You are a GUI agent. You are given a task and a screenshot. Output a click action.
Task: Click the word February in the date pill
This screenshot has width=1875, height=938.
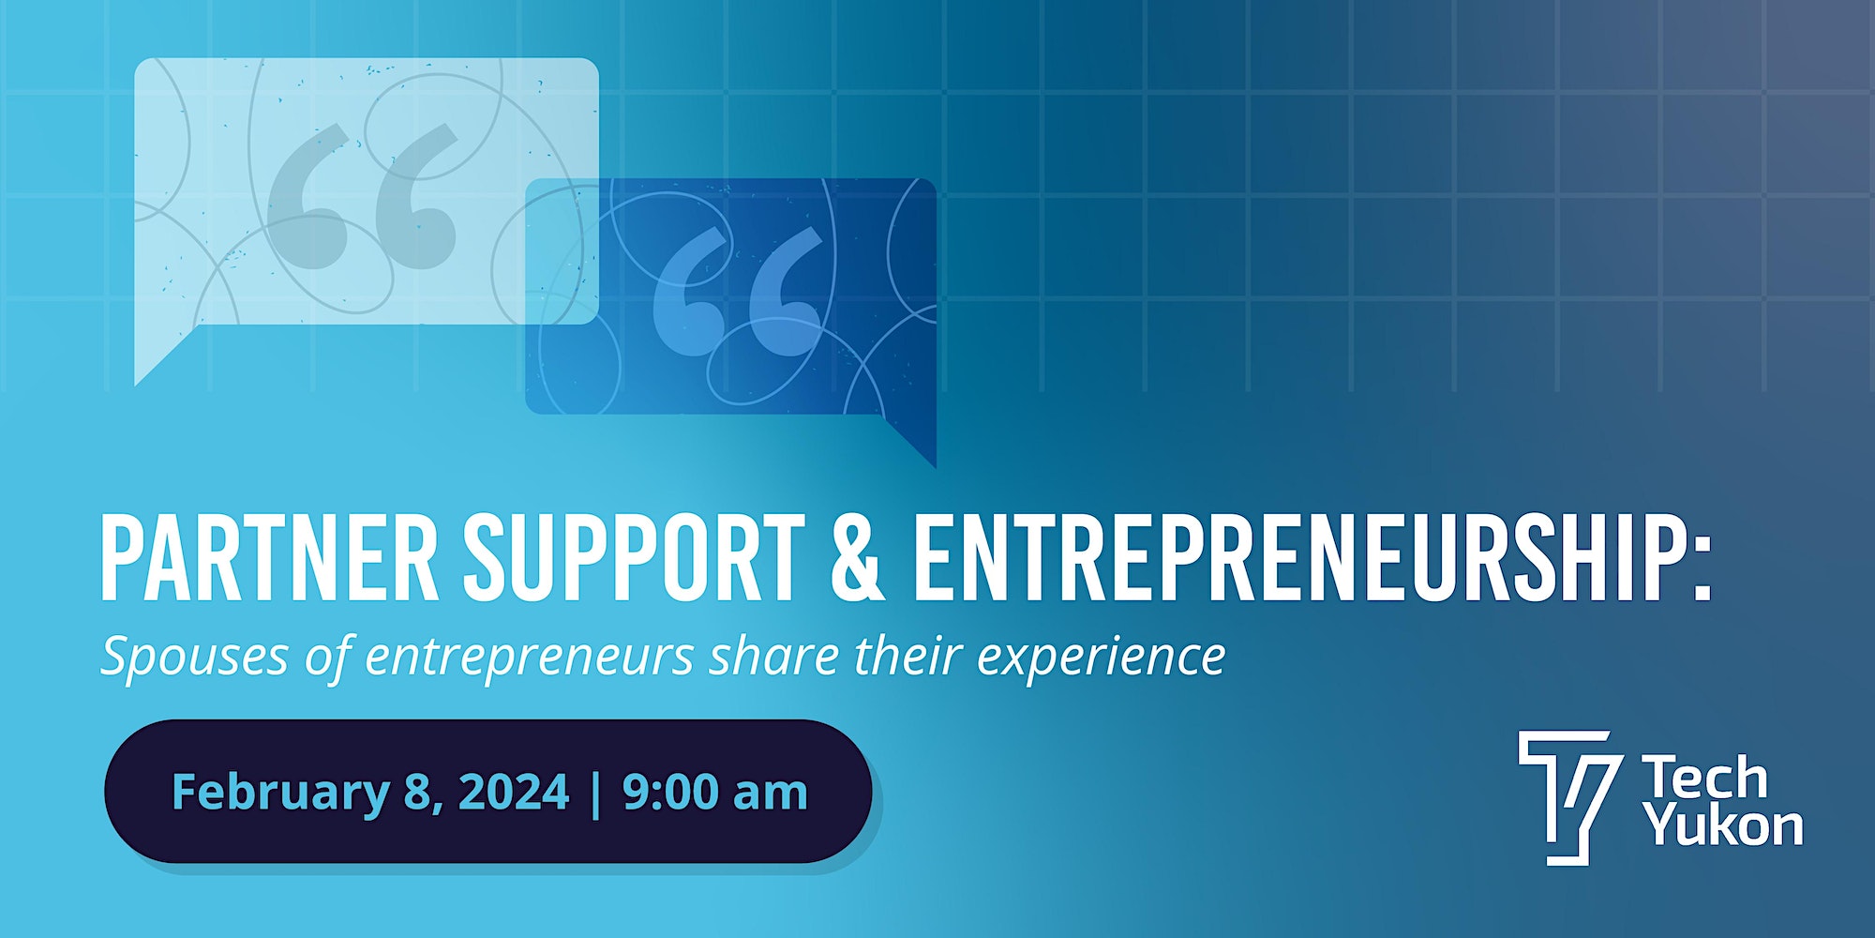coord(280,793)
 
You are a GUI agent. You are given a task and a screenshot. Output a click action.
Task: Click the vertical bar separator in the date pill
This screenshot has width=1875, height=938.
coord(596,793)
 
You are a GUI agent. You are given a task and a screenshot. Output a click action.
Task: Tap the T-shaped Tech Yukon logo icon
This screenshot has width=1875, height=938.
coord(1565,797)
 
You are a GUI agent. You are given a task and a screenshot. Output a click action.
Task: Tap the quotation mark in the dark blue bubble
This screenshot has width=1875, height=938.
coord(738,291)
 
